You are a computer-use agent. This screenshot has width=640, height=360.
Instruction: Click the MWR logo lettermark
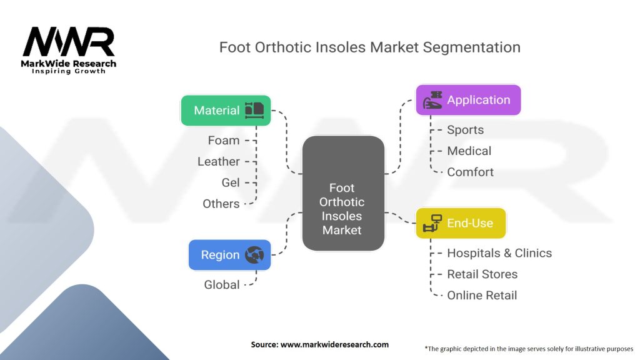pyautogui.click(x=69, y=42)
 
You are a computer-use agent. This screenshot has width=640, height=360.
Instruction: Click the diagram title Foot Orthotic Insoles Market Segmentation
pyautogui.click(x=369, y=47)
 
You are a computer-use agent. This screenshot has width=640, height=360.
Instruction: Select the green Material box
pyautogui.click(x=226, y=111)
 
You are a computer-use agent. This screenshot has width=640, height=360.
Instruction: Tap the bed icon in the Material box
pyautogui.click(x=254, y=111)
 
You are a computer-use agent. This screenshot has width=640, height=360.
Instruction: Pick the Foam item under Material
pyautogui.click(x=224, y=141)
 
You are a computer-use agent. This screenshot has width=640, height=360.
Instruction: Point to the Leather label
pyautogui.click(x=219, y=161)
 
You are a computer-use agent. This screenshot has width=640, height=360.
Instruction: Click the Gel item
pyautogui.click(x=231, y=182)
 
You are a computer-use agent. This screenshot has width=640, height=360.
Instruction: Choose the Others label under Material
pyautogui.click(x=221, y=204)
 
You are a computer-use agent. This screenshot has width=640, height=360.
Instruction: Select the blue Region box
pyautogui.click(x=229, y=255)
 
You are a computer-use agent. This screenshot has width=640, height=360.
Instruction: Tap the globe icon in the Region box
pyautogui.click(x=254, y=255)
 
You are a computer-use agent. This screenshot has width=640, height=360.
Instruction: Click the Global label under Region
pyautogui.click(x=222, y=284)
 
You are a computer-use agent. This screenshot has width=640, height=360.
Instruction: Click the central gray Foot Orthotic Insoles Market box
pyautogui.click(x=342, y=193)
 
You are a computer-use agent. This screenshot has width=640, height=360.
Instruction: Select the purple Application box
pyautogui.click(x=468, y=100)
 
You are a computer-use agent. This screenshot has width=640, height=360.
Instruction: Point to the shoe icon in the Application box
pyautogui.click(x=432, y=101)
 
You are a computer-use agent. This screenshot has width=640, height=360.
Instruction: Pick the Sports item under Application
pyautogui.click(x=465, y=130)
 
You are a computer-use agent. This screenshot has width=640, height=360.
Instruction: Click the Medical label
pyautogui.click(x=469, y=151)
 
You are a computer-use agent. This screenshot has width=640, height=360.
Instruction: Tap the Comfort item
pyautogui.click(x=470, y=172)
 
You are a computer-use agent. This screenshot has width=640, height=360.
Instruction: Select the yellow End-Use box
pyautogui.click(x=461, y=223)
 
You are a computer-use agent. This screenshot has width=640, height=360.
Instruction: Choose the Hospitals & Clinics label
pyautogui.click(x=499, y=253)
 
